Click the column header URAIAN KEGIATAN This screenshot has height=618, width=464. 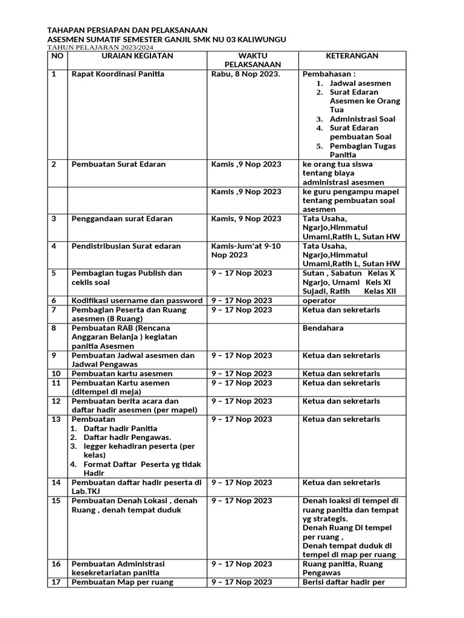[x=137, y=56]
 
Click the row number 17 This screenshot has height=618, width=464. [x=56, y=582]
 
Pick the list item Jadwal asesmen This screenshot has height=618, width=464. [x=360, y=83]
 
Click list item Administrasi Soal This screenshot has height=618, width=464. [x=362, y=119]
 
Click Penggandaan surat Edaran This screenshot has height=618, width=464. [x=122, y=218]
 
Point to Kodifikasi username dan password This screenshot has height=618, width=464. [x=137, y=301]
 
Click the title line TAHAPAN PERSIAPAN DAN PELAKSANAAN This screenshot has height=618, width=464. [x=127, y=30]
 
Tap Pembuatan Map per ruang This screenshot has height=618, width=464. [x=122, y=582]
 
